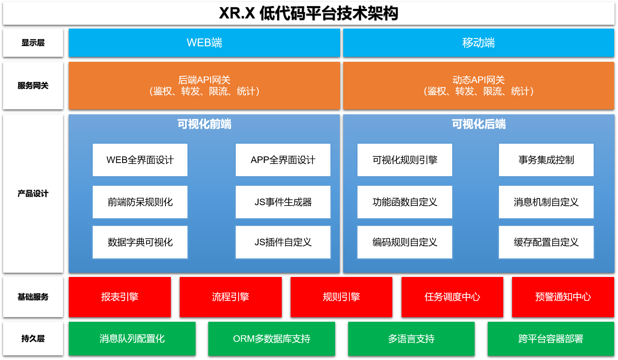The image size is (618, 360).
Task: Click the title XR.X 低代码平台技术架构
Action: pos(308,14)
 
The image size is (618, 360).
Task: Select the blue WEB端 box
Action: pos(204,42)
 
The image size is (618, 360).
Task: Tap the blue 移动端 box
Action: pos(478,42)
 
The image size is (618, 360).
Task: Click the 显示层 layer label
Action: pos(33,43)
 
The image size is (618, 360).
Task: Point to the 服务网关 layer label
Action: pos(33,86)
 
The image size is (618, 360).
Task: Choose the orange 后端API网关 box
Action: pos(204,85)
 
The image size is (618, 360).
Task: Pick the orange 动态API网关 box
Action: pos(478,85)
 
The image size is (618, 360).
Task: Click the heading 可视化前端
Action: pos(204,124)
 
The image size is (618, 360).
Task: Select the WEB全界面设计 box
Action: pos(140,160)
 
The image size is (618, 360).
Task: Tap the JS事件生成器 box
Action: pos(283,202)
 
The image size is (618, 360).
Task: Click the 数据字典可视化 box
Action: pos(140,242)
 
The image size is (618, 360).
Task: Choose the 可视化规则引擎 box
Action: pos(405,160)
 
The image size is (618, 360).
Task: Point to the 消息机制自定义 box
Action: pos(546,202)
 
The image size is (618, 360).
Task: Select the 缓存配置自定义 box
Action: pos(546,242)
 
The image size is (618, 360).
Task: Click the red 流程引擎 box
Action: pos(230,297)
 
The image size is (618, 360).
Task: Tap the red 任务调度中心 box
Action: pos(452,297)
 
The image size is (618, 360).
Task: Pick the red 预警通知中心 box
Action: pos(563,297)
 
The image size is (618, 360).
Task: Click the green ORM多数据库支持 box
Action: pos(271,339)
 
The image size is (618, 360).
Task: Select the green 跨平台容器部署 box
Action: pos(550,339)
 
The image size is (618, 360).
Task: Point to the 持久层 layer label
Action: pos(33,339)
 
